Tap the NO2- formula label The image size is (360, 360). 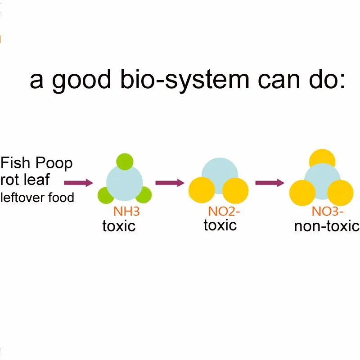pyautogui.click(x=221, y=211)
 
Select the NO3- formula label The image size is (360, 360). pyautogui.click(x=328, y=211)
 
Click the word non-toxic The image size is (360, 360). pyautogui.click(x=327, y=225)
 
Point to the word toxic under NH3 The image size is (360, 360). pyautogui.click(x=119, y=225)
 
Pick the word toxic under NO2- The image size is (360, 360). pyautogui.click(x=220, y=225)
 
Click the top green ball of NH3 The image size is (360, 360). pyautogui.click(x=124, y=161)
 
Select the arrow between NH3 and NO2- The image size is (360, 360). pyautogui.click(x=170, y=183)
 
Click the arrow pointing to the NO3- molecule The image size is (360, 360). pyautogui.click(x=270, y=183)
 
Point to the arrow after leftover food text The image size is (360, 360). pyautogui.click(x=78, y=183)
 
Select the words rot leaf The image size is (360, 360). pyautogui.click(x=25, y=180)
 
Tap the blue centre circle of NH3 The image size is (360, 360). pyautogui.click(x=125, y=183)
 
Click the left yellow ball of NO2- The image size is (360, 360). pyautogui.click(x=201, y=191)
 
